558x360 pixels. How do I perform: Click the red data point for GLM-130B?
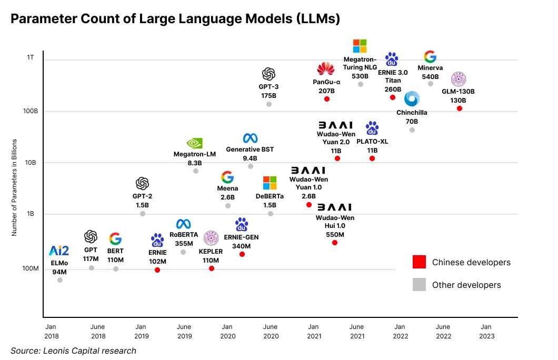pyautogui.click(x=460, y=108)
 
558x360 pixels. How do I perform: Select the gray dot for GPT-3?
pyautogui.click(x=269, y=104)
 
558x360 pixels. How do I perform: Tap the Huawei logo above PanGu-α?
pyautogui.click(x=326, y=68)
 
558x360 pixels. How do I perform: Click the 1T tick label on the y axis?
pyautogui.click(x=30, y=57)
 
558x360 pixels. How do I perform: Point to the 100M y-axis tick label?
pyautogui.click(x=29, y=268)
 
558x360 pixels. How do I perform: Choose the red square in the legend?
pyautogui.click(x=419, y=262)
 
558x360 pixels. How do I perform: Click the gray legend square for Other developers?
pyautogui.click(x=419, y=285)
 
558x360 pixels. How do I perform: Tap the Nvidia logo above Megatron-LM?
pyautogui.click(x=195, y=143)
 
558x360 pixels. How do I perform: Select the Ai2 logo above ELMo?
pyautogui.click(x=59, y=251)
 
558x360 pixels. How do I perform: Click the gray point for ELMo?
pyautogui.click(x=60, y=280)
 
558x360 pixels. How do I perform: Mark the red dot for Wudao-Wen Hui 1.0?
pyautogui.click(x=335, y=243)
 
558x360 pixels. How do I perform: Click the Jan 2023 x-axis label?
pyautogui.click(x=487, y=331)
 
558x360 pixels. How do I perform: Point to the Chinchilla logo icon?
pyautogui.click(x=412, y=99)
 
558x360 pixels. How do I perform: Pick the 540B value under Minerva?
pyautogui.click(x=430, y=77)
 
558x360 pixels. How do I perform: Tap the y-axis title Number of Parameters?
pyautogui.click(x=15, y=187)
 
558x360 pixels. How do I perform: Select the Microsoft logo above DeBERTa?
pyautogui.click(x=270, y=183)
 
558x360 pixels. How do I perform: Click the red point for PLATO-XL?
pyautogui.click(x=372, y=158)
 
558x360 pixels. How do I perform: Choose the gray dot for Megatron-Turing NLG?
pyautogui.click(x=361, y=84)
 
